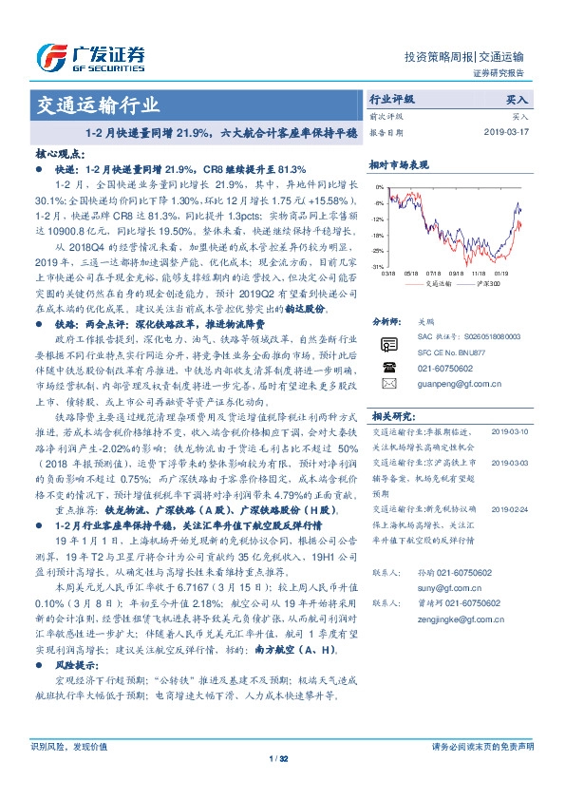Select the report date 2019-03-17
(508, 132)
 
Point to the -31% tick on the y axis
(378, 267)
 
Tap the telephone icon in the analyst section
(387, 365)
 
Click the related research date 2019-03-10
(515, 431)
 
